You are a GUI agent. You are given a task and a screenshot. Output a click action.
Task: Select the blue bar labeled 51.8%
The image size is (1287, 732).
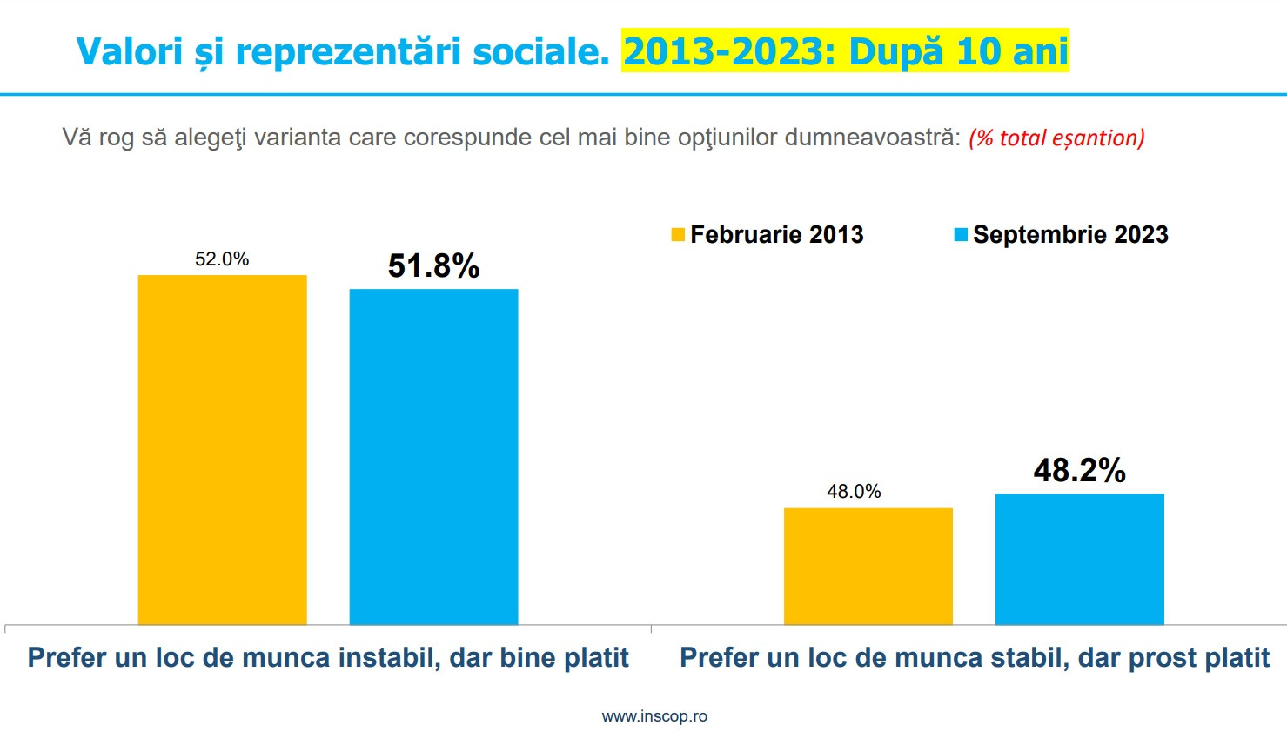click(433, 456)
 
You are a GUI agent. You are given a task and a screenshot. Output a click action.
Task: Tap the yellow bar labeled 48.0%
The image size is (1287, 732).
click(868, 566)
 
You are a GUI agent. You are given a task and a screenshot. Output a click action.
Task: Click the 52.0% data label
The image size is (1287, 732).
click(222, 259)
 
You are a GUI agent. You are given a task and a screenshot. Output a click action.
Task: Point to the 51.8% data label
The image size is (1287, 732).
click(433, 265)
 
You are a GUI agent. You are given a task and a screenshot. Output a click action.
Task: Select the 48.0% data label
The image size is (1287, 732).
click(854, 492)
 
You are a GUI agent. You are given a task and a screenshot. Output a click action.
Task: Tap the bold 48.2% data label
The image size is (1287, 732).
click(1079, 470)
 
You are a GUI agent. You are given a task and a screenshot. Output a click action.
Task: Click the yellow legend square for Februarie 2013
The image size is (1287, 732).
click(678, 235)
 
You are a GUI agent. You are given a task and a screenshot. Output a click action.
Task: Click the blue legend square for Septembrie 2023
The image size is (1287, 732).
click(961, 235)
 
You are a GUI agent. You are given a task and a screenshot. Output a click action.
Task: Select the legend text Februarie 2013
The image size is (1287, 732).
click(776, 235)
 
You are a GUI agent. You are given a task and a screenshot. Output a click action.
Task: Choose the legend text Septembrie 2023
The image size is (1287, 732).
click(1070, 235)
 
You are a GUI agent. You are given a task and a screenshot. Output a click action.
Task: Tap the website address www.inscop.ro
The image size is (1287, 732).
click(654, 716)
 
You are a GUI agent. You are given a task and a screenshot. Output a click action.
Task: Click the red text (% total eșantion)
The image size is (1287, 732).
click(1056, 138)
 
